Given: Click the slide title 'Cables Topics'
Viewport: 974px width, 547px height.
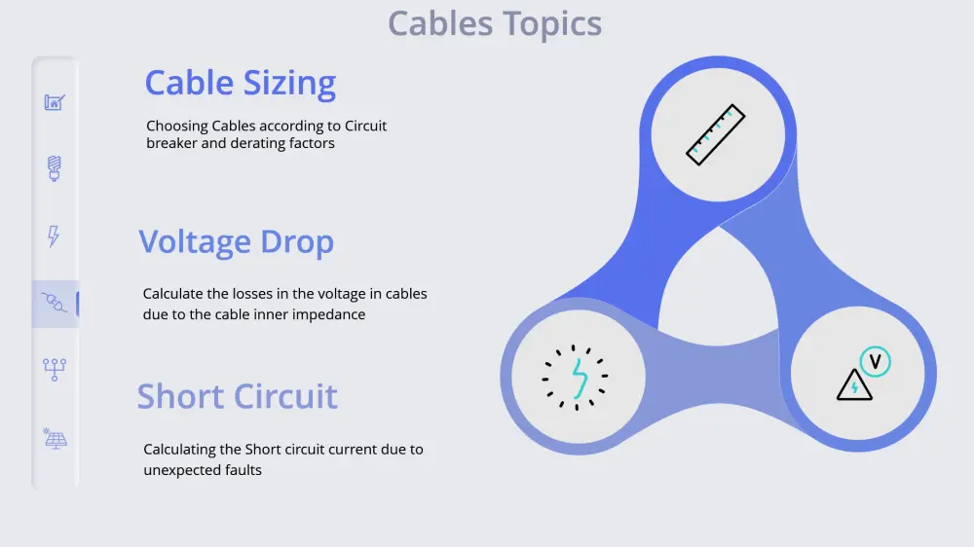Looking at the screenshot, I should coord(495,23).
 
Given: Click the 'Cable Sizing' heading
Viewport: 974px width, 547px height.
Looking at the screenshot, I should coord(241,84).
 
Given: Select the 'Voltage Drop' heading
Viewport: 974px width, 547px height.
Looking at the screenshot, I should coord(236,241).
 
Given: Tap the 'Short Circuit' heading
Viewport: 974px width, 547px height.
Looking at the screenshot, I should coord(237,396).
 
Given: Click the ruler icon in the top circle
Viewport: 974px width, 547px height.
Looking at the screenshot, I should coord(716,134).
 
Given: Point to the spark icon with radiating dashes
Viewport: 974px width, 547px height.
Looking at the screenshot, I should coord(576,377).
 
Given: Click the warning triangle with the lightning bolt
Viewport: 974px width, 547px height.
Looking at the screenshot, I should coord(854,385).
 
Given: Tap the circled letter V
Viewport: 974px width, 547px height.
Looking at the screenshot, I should coord(876,362).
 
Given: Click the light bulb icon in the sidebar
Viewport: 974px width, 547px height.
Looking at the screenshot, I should coord(55,167).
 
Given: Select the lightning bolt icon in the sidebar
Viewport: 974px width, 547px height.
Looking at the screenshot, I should coord(55,236).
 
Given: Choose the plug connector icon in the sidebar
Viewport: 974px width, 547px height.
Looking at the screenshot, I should coord(55,304).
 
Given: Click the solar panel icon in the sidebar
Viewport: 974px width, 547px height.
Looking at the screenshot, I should coord(55,438).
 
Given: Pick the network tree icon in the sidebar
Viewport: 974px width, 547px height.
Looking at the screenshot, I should coord(55,370).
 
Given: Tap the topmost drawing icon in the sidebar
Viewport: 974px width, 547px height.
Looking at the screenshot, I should coord(55,101).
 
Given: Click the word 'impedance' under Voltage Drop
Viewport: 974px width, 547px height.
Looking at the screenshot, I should coord(332,314).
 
